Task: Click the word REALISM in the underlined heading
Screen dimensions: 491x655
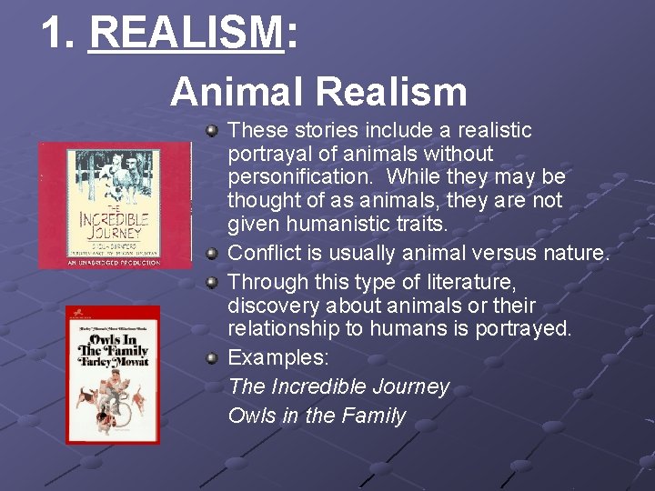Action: tap(186, 35)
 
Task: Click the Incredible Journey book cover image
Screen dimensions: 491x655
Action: tap(114, 205)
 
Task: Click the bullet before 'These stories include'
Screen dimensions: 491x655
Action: tap(211, 132)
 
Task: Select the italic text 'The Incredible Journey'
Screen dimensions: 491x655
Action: tap(338, 386)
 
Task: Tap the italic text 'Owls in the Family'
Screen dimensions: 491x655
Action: tap(317, 416)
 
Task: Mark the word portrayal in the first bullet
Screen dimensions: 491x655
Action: tap(264, 153)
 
